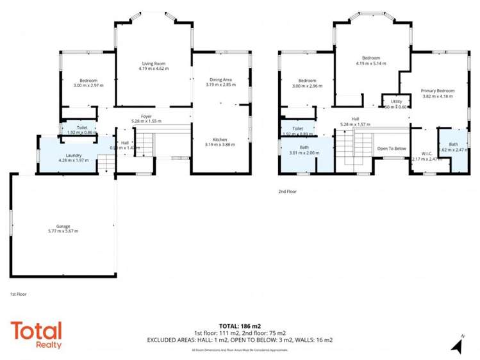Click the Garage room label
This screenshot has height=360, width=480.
(x=63, y=226)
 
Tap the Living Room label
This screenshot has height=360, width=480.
(x=154, y=63)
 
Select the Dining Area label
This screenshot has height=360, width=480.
(x=219, y=79)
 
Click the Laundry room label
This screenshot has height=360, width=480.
(x=67, y=155)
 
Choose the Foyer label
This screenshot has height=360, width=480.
(x=146, y=116)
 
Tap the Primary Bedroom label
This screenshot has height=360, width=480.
(x=438, y=90)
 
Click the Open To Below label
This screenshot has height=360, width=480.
(x=392, y=149)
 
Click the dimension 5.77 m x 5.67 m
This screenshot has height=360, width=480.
(x=63, y=231)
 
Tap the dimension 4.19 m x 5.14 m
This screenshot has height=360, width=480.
(x=372, y=63)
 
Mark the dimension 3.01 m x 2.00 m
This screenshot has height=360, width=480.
(x=303, y=153)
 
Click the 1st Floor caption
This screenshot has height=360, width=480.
(x=18, y=294)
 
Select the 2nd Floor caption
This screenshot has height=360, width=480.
(x=286, y=191)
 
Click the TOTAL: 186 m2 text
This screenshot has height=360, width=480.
(x=240, y=326)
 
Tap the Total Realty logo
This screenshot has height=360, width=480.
(x=36, y=335)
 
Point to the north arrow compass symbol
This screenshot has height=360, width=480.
(x=456, y=345)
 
